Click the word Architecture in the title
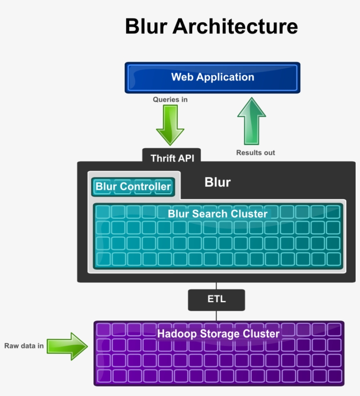coord(235,26)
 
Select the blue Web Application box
coord(212,78)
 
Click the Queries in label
coord(170,100)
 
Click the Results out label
coord(256,153)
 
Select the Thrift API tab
coord(171,157)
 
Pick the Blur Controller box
coord(133,186)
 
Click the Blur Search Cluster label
coord(217,214)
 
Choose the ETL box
coord(216,300)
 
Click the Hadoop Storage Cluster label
coord(218,334)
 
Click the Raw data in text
coord(24,346)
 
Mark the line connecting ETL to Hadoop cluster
coord(216,316)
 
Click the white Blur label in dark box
coord(217,182)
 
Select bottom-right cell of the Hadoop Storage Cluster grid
coord(334,375)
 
